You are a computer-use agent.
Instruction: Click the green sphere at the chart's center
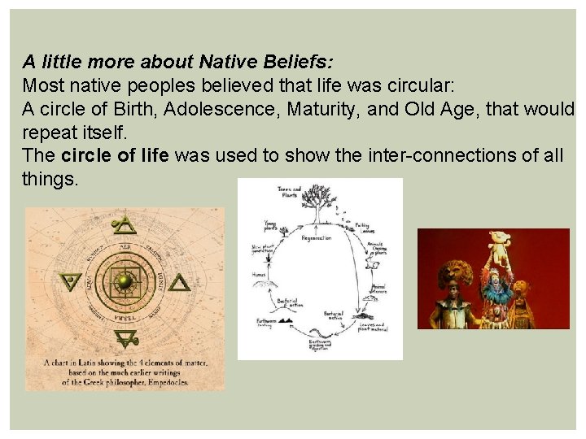click(x=125, y=281)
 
